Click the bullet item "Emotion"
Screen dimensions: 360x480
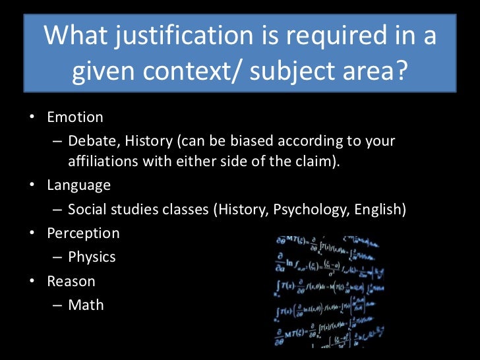75,117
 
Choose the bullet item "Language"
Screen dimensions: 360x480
78,185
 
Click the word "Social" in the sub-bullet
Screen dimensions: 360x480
88,210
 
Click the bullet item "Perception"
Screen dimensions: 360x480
83,233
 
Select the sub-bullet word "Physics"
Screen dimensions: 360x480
92,257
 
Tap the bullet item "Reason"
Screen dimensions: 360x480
71,281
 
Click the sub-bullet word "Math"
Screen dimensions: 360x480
86,305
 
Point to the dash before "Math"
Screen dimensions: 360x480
58,305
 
